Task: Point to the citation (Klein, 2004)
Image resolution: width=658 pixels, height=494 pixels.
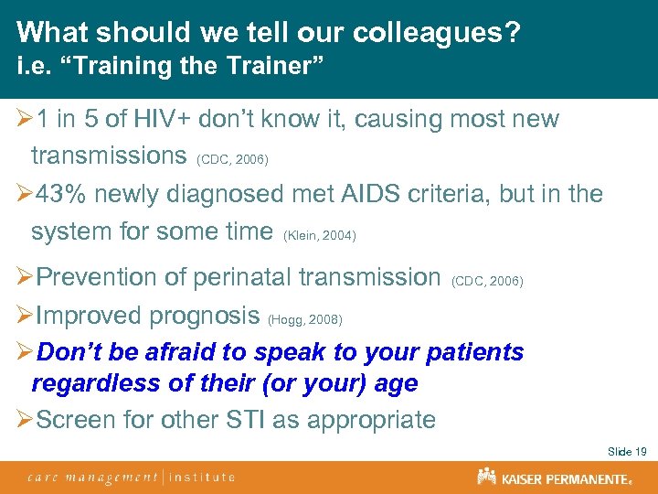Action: tap(320, 236)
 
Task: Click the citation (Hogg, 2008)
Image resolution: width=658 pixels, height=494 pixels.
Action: tap(304, 319)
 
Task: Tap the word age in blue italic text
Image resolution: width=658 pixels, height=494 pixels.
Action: tap(396, 382)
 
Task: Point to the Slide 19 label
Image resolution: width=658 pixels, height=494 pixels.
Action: tap(627, 452)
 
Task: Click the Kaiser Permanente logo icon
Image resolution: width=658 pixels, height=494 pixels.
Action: tap(486, 477)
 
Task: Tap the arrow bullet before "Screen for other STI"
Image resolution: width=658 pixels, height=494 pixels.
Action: tap(24, 420)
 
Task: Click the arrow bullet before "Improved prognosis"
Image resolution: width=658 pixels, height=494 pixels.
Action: tap(24, 316)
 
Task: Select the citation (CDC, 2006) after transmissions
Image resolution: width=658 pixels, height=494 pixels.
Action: tap(232, 160)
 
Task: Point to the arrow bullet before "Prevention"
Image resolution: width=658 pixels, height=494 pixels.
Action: tap(24, 276)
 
